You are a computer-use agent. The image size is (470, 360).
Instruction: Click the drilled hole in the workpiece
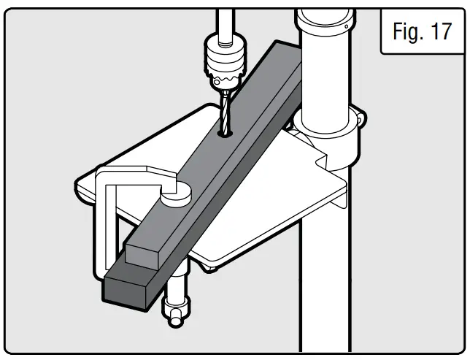225,134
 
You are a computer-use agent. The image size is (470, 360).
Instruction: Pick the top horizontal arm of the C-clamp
131,175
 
